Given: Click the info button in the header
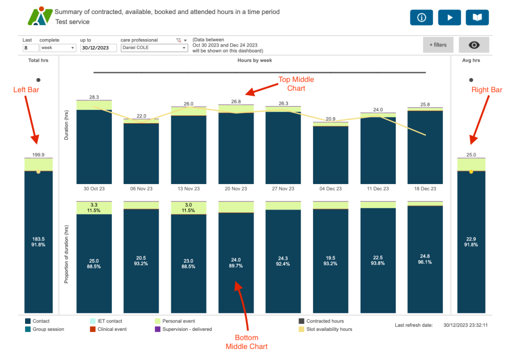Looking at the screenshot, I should point(421,18).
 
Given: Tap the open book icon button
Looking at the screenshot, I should point(477,18).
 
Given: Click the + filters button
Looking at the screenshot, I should point(437,45).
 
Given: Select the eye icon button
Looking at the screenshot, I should point(474,45).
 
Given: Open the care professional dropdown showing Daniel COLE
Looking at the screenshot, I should point(153,48).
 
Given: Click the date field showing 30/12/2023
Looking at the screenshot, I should point(98,48).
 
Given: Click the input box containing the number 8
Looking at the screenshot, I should point(30,48).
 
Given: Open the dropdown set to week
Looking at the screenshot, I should point(58,48).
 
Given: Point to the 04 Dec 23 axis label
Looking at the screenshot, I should point(330,189).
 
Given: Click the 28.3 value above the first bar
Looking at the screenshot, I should point(94,97).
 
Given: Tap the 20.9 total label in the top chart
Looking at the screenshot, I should point(330,119).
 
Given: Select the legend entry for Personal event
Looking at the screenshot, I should point(175,321).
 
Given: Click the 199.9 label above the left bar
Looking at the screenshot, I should point(39,154).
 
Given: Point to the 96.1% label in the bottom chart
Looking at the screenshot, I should point(425,262).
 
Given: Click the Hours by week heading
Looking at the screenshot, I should point(255,60).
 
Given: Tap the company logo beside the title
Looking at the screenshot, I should point(40,17).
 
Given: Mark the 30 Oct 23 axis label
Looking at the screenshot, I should point(94,189).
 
